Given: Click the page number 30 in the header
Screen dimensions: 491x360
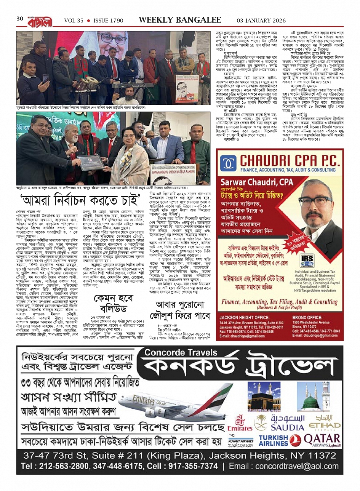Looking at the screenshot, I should (x=20, y=19).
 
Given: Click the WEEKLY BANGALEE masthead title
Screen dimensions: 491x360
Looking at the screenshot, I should (x=180, y=19).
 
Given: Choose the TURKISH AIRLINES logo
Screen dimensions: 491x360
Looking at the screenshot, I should (x=273, y=440).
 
